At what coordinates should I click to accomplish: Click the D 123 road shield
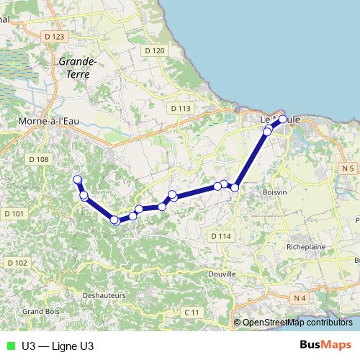[54, 36]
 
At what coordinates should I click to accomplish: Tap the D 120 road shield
[154, 50]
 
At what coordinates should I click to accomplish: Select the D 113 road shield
[181, 108]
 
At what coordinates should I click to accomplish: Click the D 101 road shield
[14, 214]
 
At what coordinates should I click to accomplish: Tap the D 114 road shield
[221, 236]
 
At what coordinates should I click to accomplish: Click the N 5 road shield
[349, 168]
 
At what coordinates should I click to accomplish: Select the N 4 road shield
[300, 297]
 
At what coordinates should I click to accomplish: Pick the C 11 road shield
[191, 312]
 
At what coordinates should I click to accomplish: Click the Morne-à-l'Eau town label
[48, 122]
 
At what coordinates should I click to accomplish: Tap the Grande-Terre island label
[73, 68]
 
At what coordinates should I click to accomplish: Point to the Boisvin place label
[275, 192]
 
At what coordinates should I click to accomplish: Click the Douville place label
[222, 274]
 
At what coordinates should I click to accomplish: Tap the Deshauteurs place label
[104, 295]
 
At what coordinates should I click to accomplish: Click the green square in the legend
[9, 346]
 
